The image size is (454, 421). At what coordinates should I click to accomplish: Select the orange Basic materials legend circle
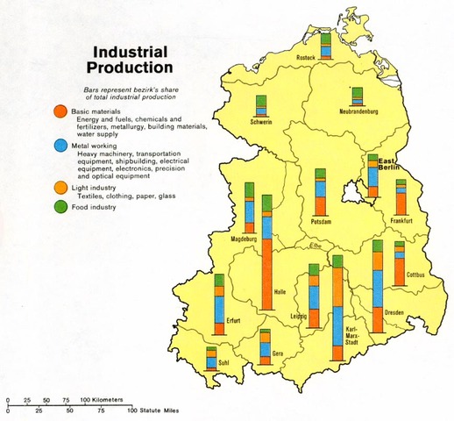58,111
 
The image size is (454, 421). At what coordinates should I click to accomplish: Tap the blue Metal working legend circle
58,146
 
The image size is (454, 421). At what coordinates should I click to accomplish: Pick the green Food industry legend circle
58,206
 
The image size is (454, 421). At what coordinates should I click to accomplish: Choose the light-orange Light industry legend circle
58,188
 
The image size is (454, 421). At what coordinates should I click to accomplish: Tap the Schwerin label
260,124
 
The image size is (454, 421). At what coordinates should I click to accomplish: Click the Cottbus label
415,274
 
